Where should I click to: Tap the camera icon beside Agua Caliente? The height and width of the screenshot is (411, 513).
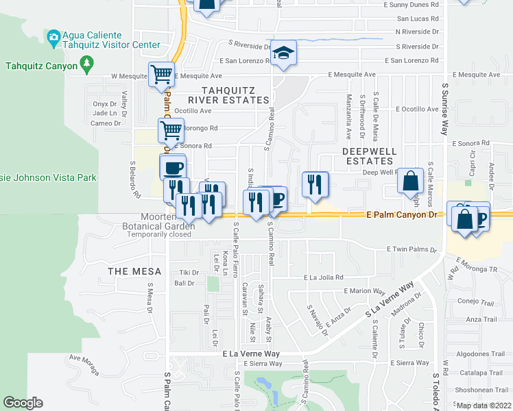pyautogui.click(x=53, y=36)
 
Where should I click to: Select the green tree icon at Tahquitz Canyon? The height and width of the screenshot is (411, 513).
pyautogui.click(x=86, y=64)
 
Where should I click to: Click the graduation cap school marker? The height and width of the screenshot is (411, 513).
pyautogui.click(x=283, y=54)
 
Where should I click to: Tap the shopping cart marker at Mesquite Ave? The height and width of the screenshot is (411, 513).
pyautogui.click(x=161, y=74)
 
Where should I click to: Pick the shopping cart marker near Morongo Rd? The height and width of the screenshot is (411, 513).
pyautogui.click(x=171, y=129)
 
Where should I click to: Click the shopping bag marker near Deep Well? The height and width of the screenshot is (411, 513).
pyautogui.click(x=410, y=182)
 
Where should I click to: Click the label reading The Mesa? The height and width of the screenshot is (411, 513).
pyautogui.click(x=134, y=271)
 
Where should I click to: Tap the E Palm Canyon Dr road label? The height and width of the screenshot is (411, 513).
pyautogui.click(x=401, y=214)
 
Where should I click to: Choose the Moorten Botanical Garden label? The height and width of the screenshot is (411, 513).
pyautogui.click(x=158, y=221)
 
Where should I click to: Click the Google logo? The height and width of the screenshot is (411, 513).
pyautogui.click(x=23, y=403)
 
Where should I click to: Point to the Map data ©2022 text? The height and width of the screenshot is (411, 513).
pyautogui.click(x=484, y=406)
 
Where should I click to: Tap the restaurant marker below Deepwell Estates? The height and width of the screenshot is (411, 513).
pyautogui.click(x=315, y=184)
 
